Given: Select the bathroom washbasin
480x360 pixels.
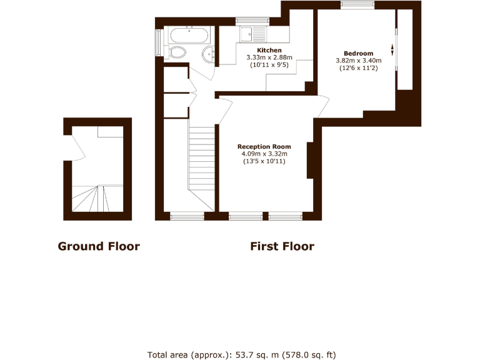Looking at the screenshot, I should pos(209,54).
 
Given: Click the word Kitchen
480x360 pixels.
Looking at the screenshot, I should pos(269,50).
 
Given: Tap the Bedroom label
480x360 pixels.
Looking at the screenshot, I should pos(358,53).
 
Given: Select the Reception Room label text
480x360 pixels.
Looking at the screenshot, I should pos(264,147).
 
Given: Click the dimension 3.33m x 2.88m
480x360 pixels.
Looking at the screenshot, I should pos(269,57).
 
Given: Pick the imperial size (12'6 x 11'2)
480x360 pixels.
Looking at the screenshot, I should pos(358,68).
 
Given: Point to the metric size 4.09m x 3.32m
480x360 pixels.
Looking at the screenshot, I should pos(264,154).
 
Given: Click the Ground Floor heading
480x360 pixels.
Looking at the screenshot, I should pos(99,246).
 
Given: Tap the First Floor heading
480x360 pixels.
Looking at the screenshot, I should pos(282,246).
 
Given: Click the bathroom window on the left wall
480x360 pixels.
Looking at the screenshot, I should pos(158,43).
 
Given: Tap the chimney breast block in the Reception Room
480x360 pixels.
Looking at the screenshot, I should pos(310,160).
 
